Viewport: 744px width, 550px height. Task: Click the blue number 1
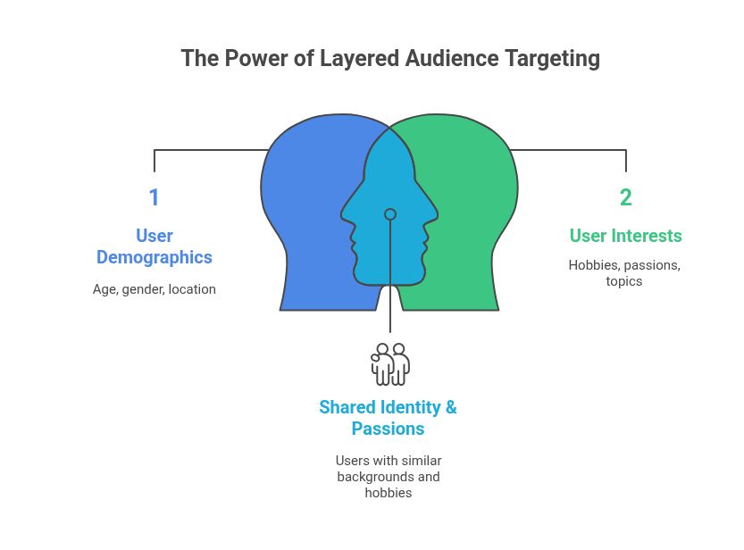154,197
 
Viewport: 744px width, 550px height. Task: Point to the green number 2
625,197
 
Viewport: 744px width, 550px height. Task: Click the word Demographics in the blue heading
155,257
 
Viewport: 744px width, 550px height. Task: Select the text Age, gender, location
155,289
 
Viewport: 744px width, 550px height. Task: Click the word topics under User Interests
624,281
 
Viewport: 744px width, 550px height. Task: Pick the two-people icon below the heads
390,363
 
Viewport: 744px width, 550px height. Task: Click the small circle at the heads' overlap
390,214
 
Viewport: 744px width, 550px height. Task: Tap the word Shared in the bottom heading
347,407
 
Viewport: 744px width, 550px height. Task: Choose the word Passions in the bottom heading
388,429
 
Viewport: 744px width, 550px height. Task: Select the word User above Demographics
155,236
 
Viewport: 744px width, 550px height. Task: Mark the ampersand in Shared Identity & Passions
451,407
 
